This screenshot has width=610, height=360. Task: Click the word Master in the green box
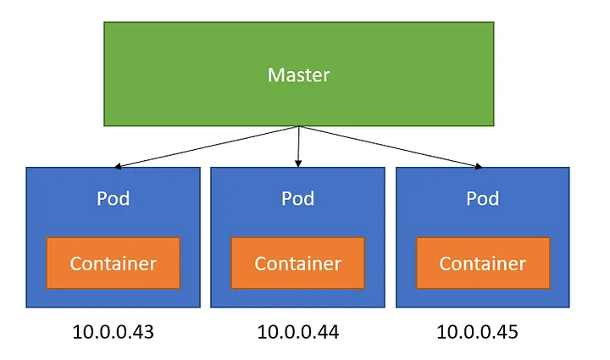pos(298,75)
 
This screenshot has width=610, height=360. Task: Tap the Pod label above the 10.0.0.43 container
pos(114,199)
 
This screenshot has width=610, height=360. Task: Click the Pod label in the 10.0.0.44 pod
pos(297,199)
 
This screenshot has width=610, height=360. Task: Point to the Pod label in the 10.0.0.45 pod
pos(483,199)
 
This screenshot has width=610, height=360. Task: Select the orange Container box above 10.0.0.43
pos(113,263)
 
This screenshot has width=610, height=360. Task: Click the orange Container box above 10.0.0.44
pos(297,263)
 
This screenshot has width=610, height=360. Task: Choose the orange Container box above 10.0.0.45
pos(483,263)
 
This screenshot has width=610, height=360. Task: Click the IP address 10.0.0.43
pos(113,332)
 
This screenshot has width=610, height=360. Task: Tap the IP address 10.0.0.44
pos(297,332)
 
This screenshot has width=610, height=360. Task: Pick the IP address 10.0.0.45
pos(477,332)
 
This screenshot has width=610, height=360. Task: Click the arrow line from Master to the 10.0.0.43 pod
pos(208,147)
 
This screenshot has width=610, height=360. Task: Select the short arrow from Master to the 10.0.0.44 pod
pos(298,146)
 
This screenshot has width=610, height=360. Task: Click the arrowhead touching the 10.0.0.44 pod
pos(298,163)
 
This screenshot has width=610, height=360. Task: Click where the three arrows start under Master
pos(298,128)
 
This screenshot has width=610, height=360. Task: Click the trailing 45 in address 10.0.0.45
pos(507,332)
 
